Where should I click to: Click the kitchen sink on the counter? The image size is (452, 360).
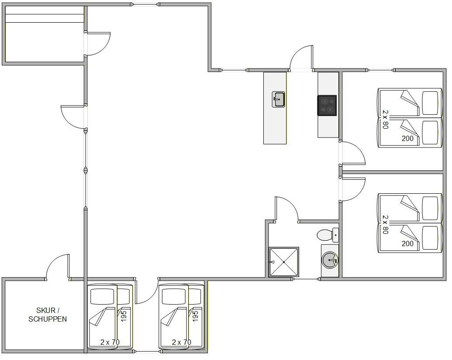279,99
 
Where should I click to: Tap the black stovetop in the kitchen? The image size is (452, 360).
327,106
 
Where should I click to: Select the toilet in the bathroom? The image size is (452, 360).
328,235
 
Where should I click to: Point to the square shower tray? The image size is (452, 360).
284,262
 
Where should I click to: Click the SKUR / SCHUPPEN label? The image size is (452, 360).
48,315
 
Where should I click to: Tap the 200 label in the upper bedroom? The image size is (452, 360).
407,138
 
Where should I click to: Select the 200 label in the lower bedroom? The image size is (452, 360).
407,243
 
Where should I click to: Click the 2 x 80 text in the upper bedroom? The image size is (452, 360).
386,119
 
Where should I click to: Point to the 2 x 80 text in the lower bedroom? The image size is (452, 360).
386,225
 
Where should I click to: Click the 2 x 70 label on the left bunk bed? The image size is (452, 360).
110,342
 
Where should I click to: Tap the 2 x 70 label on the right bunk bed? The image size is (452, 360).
182,342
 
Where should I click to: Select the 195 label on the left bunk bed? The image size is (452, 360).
124,316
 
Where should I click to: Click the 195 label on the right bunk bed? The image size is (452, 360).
195,316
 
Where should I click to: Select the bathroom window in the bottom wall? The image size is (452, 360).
306,279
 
